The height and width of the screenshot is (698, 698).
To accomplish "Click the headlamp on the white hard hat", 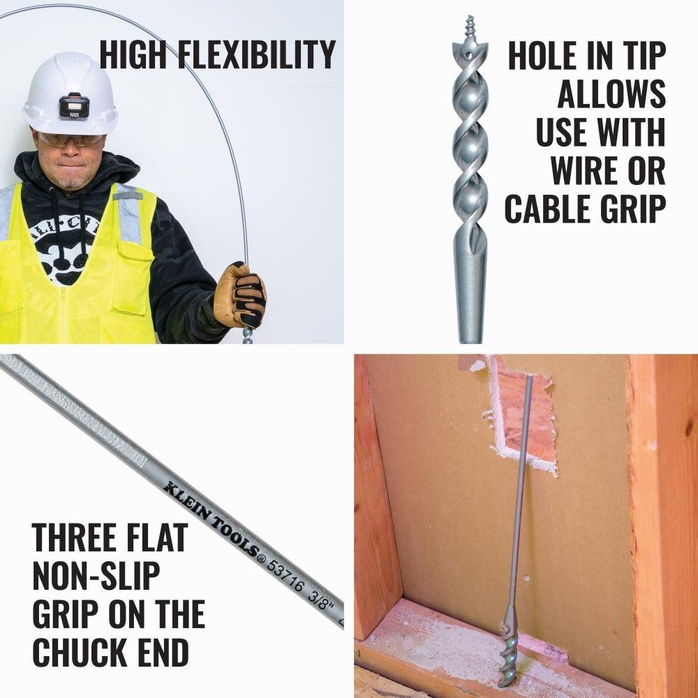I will coord(73,105).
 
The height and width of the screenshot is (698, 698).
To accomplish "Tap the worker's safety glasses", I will coord(70,140).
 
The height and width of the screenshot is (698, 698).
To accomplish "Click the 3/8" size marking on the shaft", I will coord(323,599).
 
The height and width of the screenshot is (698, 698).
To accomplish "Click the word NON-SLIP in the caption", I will coord(96,576).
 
